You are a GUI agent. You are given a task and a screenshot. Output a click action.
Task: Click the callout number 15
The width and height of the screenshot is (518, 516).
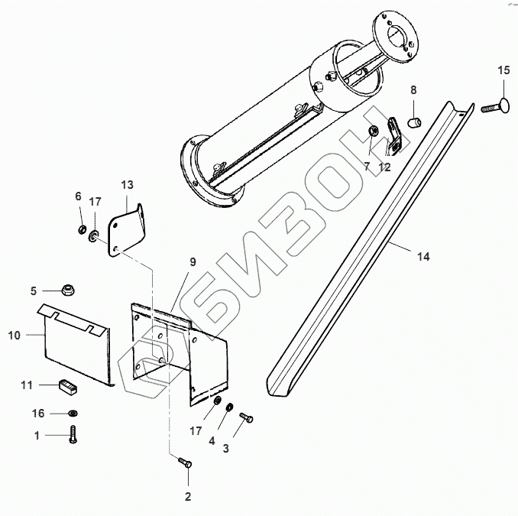click(503, 71)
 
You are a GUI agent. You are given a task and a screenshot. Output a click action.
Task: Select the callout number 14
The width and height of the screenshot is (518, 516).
click(422, 258)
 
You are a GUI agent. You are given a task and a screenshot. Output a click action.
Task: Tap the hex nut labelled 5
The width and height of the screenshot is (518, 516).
click(68, 291)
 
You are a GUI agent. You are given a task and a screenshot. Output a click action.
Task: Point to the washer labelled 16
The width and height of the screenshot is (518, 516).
click(72, 413)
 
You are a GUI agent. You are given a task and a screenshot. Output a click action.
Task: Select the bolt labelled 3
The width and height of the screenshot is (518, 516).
click(247, 417)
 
